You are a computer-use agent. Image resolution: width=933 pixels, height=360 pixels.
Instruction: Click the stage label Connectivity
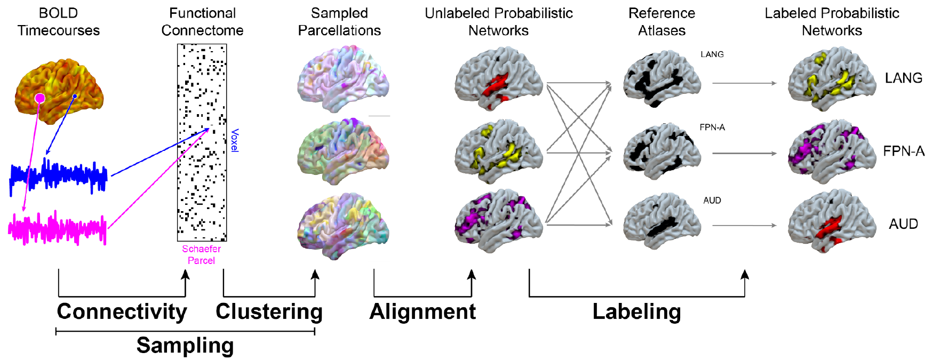coord(122,312)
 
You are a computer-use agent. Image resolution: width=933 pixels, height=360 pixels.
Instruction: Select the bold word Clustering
coord(269,312)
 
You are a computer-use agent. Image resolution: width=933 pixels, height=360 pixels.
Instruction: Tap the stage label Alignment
coord(422,312)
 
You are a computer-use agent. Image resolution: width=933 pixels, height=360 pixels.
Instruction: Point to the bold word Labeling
coord(636,312)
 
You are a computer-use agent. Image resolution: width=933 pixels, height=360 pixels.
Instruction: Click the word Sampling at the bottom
coord(185,346)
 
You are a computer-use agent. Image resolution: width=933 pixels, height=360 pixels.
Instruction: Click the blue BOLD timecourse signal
coord(59,176)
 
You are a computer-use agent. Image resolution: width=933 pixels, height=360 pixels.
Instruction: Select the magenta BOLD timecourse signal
coord(58,228)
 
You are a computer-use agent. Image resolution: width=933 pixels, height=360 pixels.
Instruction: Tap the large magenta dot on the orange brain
coord(40,98)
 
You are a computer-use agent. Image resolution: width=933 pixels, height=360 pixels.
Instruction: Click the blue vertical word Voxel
coord(235,140)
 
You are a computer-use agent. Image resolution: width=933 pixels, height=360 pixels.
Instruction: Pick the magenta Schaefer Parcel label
coord(201,255)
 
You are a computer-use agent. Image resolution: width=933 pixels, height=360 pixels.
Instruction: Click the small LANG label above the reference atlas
coord(712,54)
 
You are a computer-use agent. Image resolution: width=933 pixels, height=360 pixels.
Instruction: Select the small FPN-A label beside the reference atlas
coord(712,127)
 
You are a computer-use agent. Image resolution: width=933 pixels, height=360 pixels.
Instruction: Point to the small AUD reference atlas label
coord(712,201)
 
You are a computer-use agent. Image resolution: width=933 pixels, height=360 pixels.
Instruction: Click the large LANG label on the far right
coord(903,78)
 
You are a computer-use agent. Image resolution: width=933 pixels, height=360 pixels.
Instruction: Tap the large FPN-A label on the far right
coord(903,151)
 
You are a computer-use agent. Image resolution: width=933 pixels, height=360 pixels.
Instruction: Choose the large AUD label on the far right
coord(903,224)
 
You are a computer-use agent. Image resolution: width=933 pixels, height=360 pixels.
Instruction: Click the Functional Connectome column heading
coord(202,22)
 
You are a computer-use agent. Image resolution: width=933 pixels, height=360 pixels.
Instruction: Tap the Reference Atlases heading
coord(661,22)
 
